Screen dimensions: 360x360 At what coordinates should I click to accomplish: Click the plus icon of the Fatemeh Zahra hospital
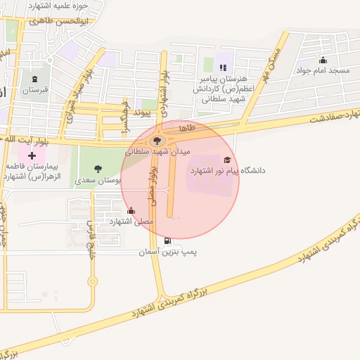[32, 155]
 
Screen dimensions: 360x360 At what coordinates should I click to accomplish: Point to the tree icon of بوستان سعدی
[97, 168]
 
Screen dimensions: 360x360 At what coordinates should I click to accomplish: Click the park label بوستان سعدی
[98, 181]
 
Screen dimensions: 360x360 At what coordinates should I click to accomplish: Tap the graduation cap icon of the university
[227, 160]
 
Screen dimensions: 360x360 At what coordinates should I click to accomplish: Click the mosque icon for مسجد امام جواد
[323, 60]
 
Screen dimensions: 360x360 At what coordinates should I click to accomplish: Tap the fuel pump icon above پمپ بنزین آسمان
[167, 241]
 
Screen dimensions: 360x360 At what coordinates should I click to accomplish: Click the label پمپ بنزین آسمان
[167, 252]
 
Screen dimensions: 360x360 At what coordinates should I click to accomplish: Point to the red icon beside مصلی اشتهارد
[131, 210]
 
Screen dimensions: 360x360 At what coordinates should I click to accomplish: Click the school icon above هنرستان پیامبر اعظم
[222, 67]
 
